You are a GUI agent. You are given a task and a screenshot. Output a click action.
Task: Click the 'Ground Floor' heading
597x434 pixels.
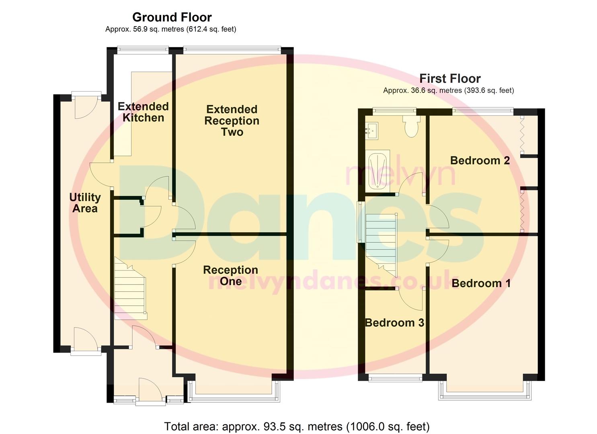coord(172,17)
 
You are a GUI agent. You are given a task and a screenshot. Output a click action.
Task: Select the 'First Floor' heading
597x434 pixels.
coord(450,78)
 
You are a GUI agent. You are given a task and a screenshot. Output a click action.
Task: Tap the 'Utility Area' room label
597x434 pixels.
coord(85,203)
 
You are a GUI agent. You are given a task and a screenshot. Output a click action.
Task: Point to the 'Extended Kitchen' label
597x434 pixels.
coord(143,112)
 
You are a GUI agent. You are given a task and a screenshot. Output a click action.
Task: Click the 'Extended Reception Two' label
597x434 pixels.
coord(232,121)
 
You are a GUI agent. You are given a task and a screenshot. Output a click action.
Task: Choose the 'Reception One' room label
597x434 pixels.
coord(230,275)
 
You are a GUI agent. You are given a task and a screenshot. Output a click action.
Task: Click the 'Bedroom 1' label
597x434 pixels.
coord(481,283)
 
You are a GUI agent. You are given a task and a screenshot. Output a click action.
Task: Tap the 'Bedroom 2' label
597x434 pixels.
coord(480,160)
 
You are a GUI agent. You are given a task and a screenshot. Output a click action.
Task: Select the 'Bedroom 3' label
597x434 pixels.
coord(394,323)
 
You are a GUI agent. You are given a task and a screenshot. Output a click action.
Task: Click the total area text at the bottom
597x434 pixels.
coord(297,426)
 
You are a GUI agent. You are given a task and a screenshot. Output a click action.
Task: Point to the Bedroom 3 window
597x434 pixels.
coord(396,378)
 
